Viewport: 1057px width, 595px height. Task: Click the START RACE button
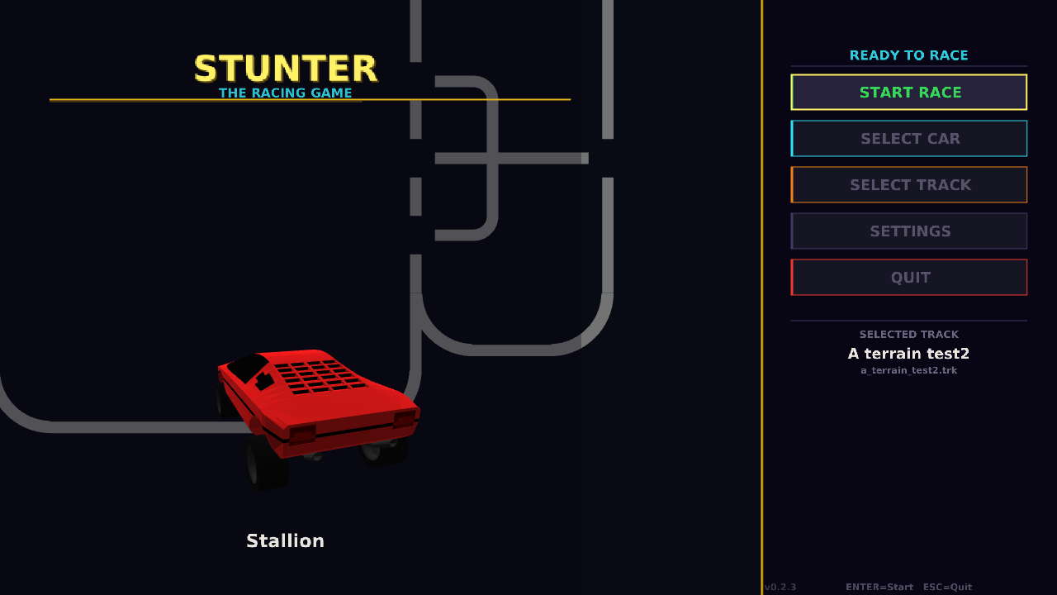(x=909, y=93)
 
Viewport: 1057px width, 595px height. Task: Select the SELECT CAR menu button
(x=909, y=139)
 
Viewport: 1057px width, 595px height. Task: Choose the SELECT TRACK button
(x=909, y=185)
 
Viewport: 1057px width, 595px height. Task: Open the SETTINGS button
(x=909, y=231)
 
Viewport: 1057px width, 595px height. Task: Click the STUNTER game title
(x=286, y=69)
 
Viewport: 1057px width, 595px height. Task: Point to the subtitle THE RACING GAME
(x=286, y=93)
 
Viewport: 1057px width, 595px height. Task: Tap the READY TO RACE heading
(x=908, y=55)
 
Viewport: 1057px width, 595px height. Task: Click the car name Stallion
(x=285, y=541)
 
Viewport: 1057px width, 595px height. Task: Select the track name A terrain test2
(x=908, y=354)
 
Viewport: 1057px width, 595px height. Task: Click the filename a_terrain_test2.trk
(x=908, y=370)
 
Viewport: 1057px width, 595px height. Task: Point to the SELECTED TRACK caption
(x=908, y=335)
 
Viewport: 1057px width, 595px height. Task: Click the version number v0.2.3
(x=780, y=588)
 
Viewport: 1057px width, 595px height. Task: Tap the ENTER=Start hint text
(x=879, y=588)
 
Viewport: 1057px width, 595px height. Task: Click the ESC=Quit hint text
(x=947, y=588)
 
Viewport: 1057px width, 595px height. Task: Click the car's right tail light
(x=404, y=419)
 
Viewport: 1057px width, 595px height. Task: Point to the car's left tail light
(x=302, y=435)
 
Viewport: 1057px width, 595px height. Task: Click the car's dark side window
(x=247, y=366)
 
